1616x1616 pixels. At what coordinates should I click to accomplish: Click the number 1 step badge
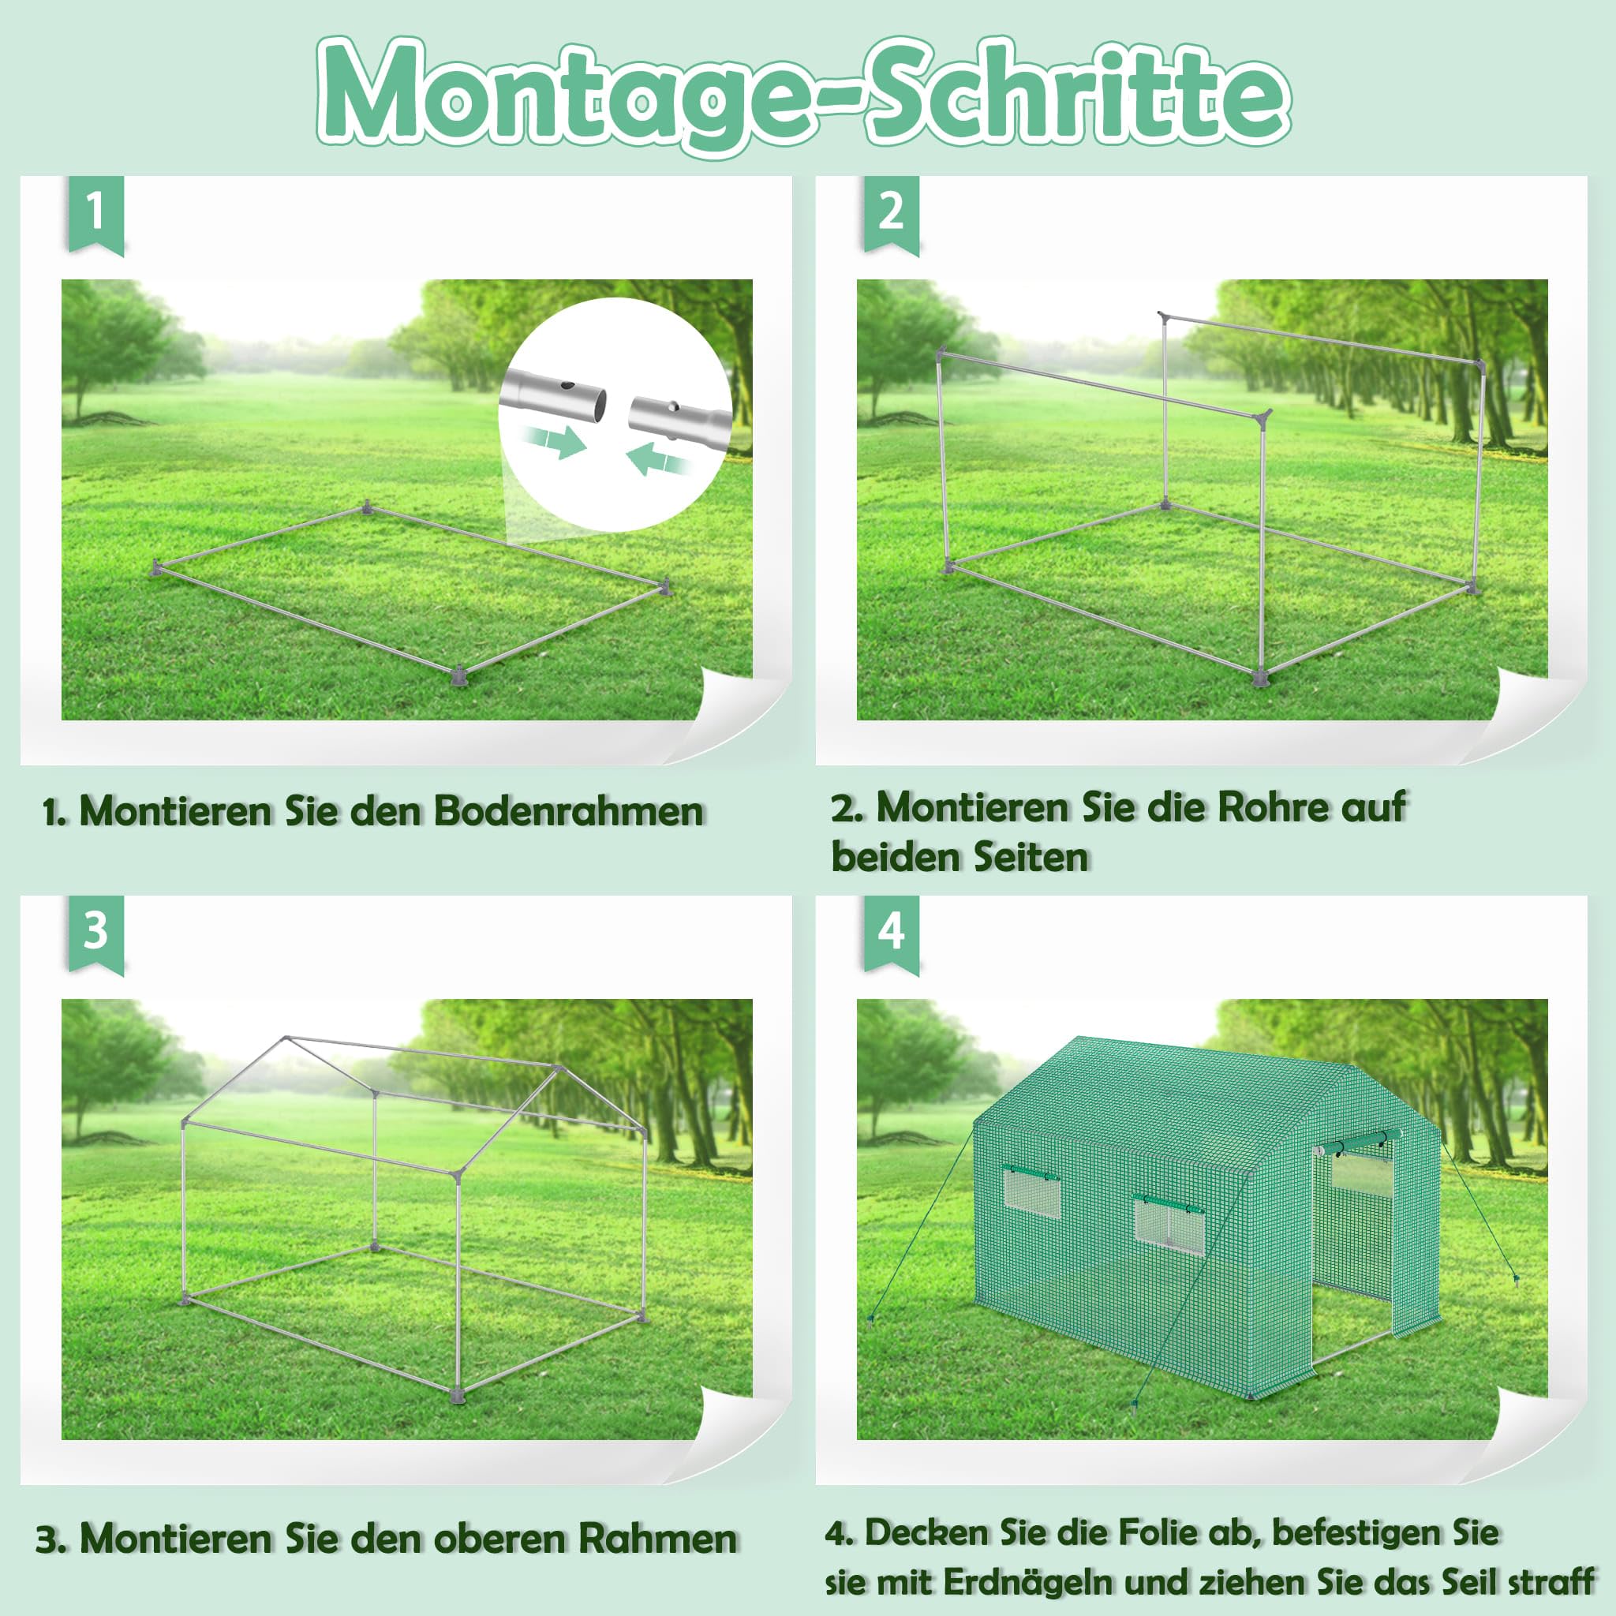[x=95, y=213]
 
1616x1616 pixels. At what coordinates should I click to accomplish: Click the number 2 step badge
[x=891, y=213]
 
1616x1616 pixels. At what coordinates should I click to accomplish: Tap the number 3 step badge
[x=95, y=933]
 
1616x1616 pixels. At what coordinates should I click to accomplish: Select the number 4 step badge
[x=891, y=933]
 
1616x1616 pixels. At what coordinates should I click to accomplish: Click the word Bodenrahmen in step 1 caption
[x=568, y=810]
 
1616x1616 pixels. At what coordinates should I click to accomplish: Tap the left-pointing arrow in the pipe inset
[x=660, y=457]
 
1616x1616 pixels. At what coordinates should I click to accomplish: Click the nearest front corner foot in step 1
[x=458, y=674]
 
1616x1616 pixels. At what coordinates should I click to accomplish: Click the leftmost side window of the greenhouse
[x=1031, y=1189]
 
